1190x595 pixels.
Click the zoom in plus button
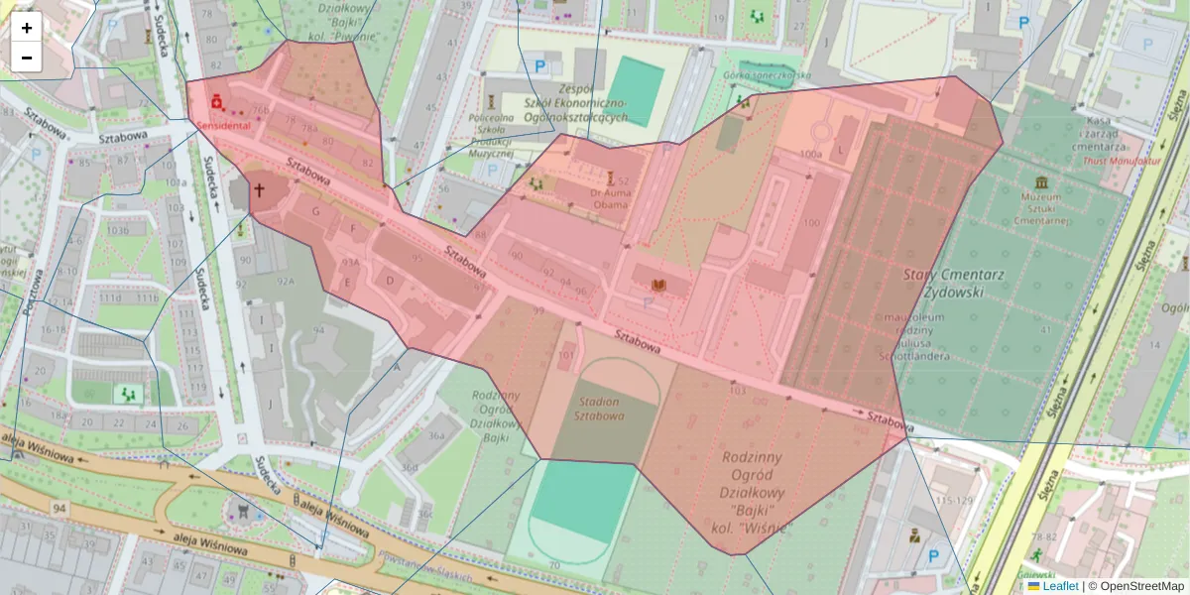[x=27, y=28]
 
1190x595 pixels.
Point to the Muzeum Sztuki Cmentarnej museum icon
[x=1041, y=182]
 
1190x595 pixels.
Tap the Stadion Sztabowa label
[x=599, y=409]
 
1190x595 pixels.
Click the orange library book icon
[x=655, y=286]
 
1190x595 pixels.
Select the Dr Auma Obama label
[x=610, y=198]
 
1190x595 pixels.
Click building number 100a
[x=811, y=155]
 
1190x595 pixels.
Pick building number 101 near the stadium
[x=566, y=354]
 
